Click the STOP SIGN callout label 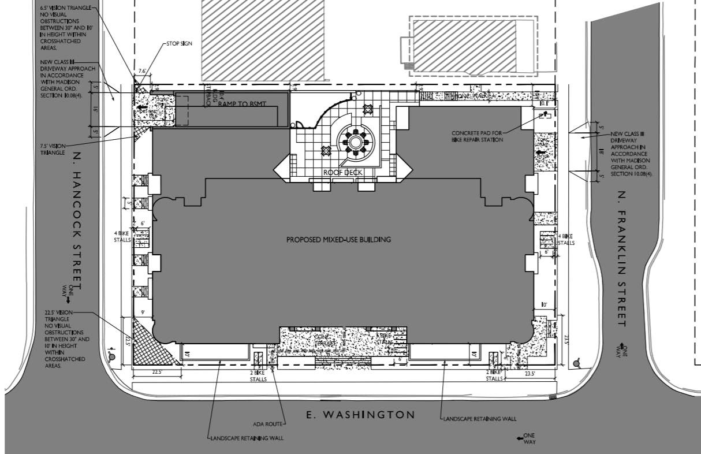click(x=179, y=43)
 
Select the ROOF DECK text click(x=343, y=172)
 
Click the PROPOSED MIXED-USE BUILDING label click(x=338, y=239)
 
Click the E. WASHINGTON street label click(x=361, y=415)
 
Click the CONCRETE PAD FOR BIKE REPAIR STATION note click(x=478, y=136)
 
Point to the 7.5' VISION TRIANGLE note click(x=58, y=148)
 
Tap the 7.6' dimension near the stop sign click(x=142, y=71)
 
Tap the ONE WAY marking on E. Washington click(x=529, y=438)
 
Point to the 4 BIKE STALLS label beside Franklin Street click(x=566, y=239)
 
